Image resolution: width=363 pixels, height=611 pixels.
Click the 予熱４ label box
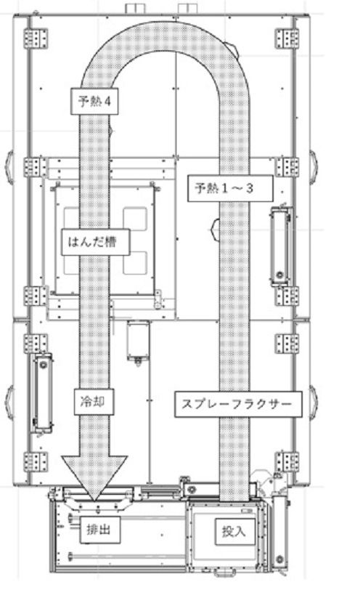click(x=94, y=101)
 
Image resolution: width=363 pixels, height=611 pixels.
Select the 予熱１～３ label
click(x=230, y=189)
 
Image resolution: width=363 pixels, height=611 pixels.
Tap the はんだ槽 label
click(x=95, y=242)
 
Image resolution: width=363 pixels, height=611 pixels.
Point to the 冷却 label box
click(x=94, y=402)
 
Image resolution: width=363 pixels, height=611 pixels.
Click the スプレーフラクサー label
click(x=238, y=405)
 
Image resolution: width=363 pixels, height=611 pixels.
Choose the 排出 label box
click(x=99, y=530)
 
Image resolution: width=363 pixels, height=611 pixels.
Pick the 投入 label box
click(x=235, y=532)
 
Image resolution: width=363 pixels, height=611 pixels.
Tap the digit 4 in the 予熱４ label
click(x=107, y=101)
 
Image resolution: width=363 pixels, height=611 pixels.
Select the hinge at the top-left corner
click(x=36, y=39)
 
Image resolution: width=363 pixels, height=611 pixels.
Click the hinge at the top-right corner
click(x=287, y=39)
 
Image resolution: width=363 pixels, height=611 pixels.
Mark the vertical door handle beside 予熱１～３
click(x=280, y=246)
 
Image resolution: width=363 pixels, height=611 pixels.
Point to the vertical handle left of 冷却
click(x=42, y=393)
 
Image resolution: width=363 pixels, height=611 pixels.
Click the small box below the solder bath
click(x=138, y=341)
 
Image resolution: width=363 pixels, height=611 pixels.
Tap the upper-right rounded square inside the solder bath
click(x=135, y=219)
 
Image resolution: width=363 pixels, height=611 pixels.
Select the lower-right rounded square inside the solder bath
click(x=135, y=262)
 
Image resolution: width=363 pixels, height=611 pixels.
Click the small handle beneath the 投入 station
click(x=224, y=572)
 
